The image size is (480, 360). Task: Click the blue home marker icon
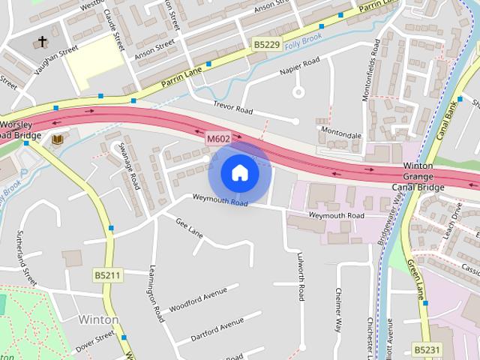tap(239, 173)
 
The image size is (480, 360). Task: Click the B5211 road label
tap(108, 275)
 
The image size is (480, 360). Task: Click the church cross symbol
tap(43, 41)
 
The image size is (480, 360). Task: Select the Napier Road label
tap(299, 65)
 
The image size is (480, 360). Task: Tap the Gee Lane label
tap(189, 227)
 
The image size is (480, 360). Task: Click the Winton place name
tap(97, 319)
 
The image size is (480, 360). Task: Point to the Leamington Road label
tap(155, 294)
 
